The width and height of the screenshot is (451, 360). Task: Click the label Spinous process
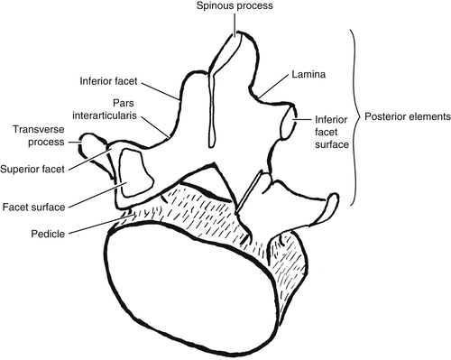[x=237, y=7]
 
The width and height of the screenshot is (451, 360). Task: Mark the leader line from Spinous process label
[x=237, y=24]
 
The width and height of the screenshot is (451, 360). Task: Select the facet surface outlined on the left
[x=132, y=172]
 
